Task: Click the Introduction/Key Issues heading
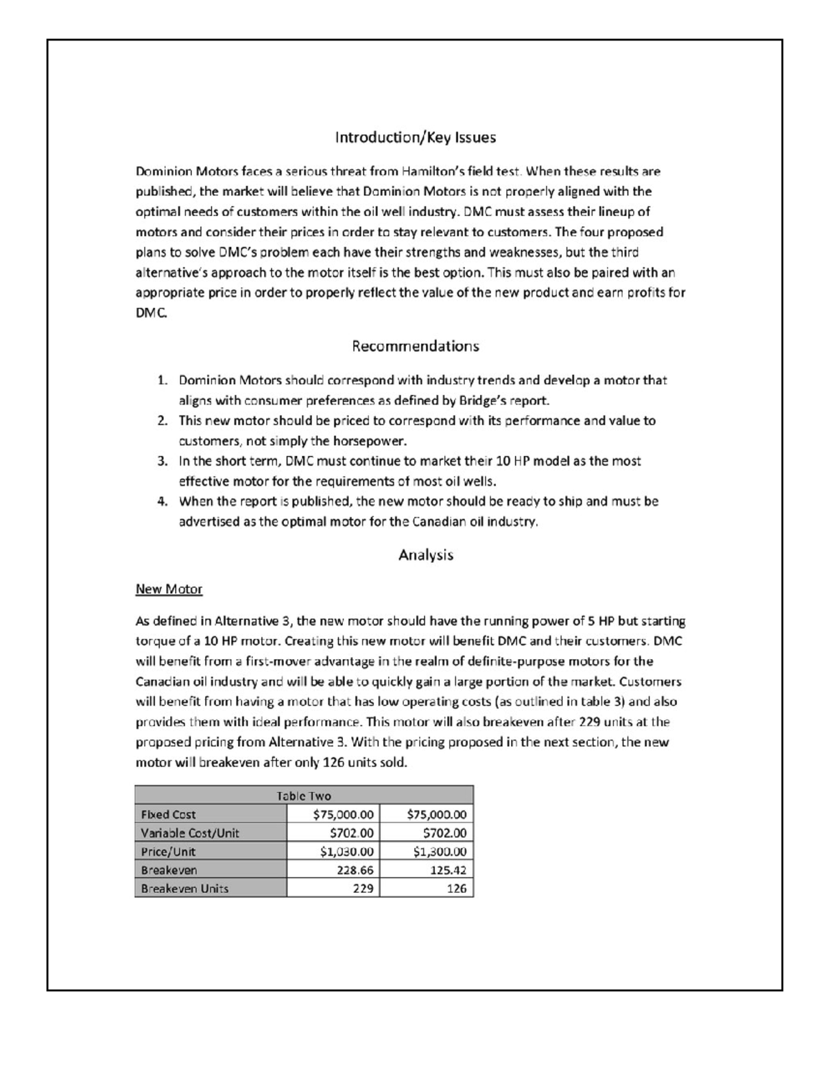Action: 415,138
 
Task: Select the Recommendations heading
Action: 415,346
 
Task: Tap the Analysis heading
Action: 425,555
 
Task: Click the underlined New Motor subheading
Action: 169,589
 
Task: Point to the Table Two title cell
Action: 304,795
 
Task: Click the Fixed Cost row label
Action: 168,815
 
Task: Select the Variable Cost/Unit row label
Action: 190,833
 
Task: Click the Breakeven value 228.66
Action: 355,870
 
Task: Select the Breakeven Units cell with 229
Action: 363,889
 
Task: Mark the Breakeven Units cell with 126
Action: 456,889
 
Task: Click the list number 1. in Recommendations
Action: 162,381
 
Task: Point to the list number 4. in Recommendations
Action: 162,501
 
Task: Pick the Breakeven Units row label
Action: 184,889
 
